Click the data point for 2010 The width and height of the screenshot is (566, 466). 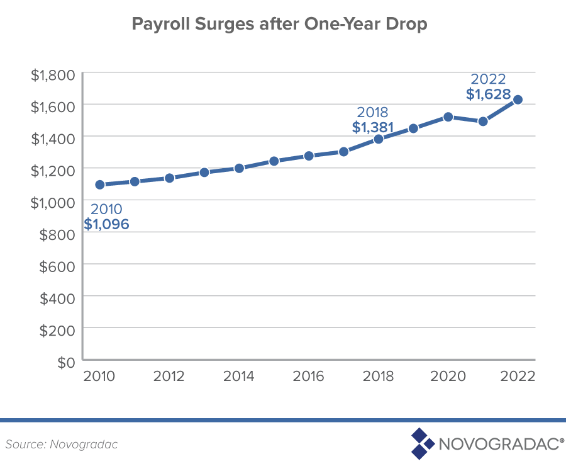(99, 185)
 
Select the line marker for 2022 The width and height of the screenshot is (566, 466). (518, 99)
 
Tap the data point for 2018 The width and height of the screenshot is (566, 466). (379, 139)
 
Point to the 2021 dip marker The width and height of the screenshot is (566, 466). (483, 121)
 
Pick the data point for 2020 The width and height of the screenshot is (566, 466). (448, 116)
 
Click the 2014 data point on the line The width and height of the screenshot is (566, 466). (239, 168)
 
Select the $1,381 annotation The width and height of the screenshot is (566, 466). (372, 128)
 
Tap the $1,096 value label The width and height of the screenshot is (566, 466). (106, 224)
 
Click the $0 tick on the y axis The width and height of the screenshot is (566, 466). (65, 362)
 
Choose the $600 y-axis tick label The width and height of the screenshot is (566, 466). (58, 265)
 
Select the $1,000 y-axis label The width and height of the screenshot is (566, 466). (53, 201)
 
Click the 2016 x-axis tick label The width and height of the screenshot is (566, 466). (309, 377)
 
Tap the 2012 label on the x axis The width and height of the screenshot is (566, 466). (169, 377)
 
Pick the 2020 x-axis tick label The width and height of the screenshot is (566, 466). (448, 377)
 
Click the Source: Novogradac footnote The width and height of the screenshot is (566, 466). (62, 444)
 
